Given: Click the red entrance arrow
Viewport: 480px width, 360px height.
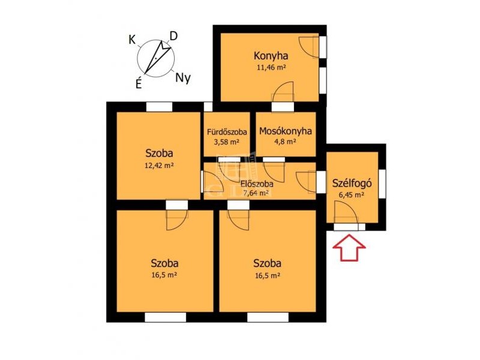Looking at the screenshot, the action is coord(349,247).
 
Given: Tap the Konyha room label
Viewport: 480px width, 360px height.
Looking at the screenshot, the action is coord(271,56).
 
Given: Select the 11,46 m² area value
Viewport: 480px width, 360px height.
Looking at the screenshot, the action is coord(271,67).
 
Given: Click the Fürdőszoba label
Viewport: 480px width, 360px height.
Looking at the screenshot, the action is coord(227,132).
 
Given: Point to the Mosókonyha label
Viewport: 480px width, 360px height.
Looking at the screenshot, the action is coord(286,131).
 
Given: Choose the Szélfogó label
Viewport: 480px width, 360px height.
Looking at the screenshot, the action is coord(352,183).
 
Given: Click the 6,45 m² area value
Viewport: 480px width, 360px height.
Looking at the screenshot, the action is coord(351,194).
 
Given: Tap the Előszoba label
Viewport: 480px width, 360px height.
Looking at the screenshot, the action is coord(257,184).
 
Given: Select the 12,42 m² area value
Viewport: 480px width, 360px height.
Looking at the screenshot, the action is coord(159,166).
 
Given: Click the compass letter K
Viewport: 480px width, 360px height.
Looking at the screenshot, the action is coord(132,40).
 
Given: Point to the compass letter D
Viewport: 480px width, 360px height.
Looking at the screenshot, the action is coord(173,37).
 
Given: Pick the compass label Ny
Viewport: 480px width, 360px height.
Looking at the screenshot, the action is coord(183,79).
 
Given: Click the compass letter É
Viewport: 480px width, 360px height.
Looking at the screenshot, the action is coord(139,83).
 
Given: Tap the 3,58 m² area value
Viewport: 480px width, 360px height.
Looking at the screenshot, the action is coord(227,142).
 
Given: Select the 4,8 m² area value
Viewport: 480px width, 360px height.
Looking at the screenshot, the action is coord(286,142).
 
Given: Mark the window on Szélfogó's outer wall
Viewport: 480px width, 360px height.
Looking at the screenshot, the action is coord(382,184).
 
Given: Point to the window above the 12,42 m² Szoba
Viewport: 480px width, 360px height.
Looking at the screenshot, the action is coord(159,107).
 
